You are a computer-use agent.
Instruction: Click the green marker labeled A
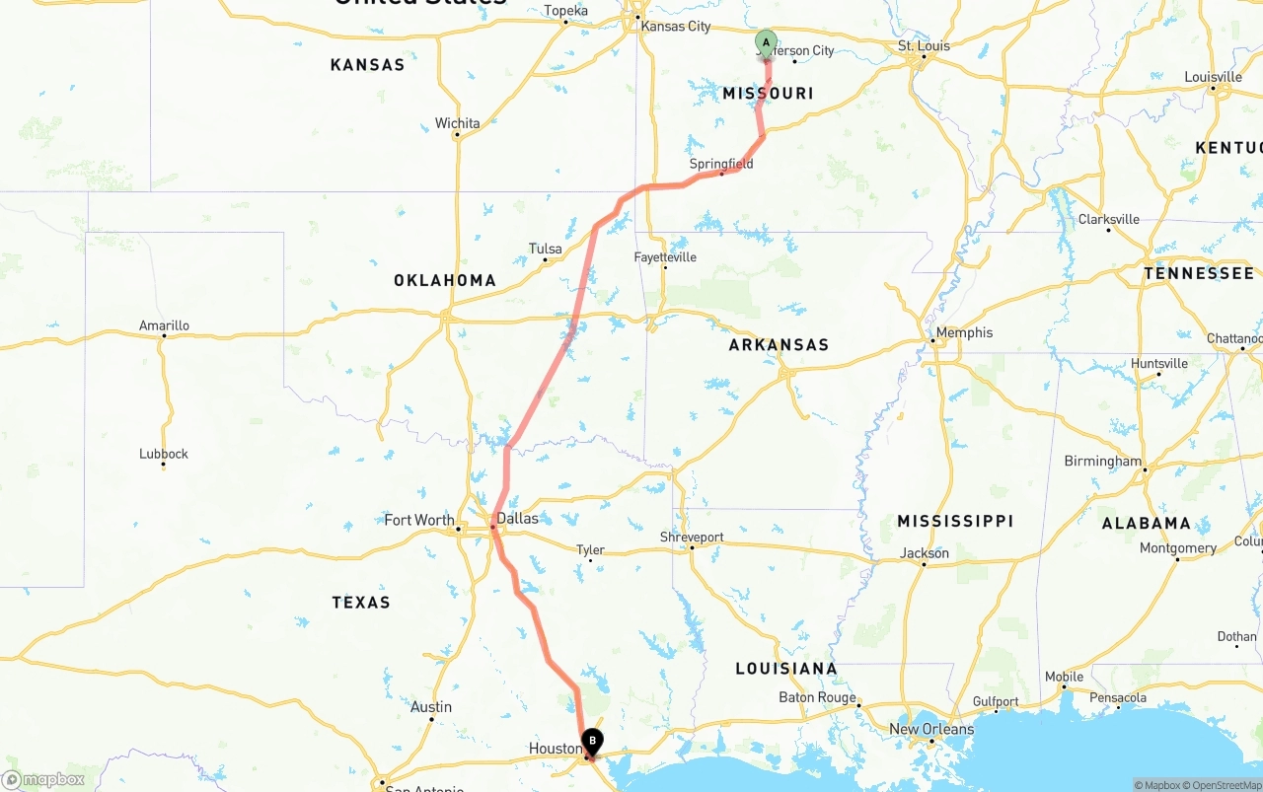766,42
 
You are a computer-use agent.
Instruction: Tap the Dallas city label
517,518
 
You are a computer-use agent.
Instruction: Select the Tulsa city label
546,249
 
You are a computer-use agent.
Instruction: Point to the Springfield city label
721,164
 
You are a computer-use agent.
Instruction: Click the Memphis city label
964,332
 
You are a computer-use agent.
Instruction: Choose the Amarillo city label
164,325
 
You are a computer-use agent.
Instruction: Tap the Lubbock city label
164,454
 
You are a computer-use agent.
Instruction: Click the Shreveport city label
692,538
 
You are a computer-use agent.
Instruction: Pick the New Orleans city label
930,729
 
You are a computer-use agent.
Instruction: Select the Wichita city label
458,123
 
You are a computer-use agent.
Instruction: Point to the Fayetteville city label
665,257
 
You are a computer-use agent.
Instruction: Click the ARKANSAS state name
779,345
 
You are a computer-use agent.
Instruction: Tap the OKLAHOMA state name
445,280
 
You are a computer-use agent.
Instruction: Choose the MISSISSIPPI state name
955,521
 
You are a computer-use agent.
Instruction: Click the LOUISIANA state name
786,669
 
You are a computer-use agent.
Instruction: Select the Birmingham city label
1102,461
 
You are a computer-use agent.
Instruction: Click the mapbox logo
44,779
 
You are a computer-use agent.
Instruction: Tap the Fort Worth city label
419,520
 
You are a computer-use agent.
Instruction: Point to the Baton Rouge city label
817,697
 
